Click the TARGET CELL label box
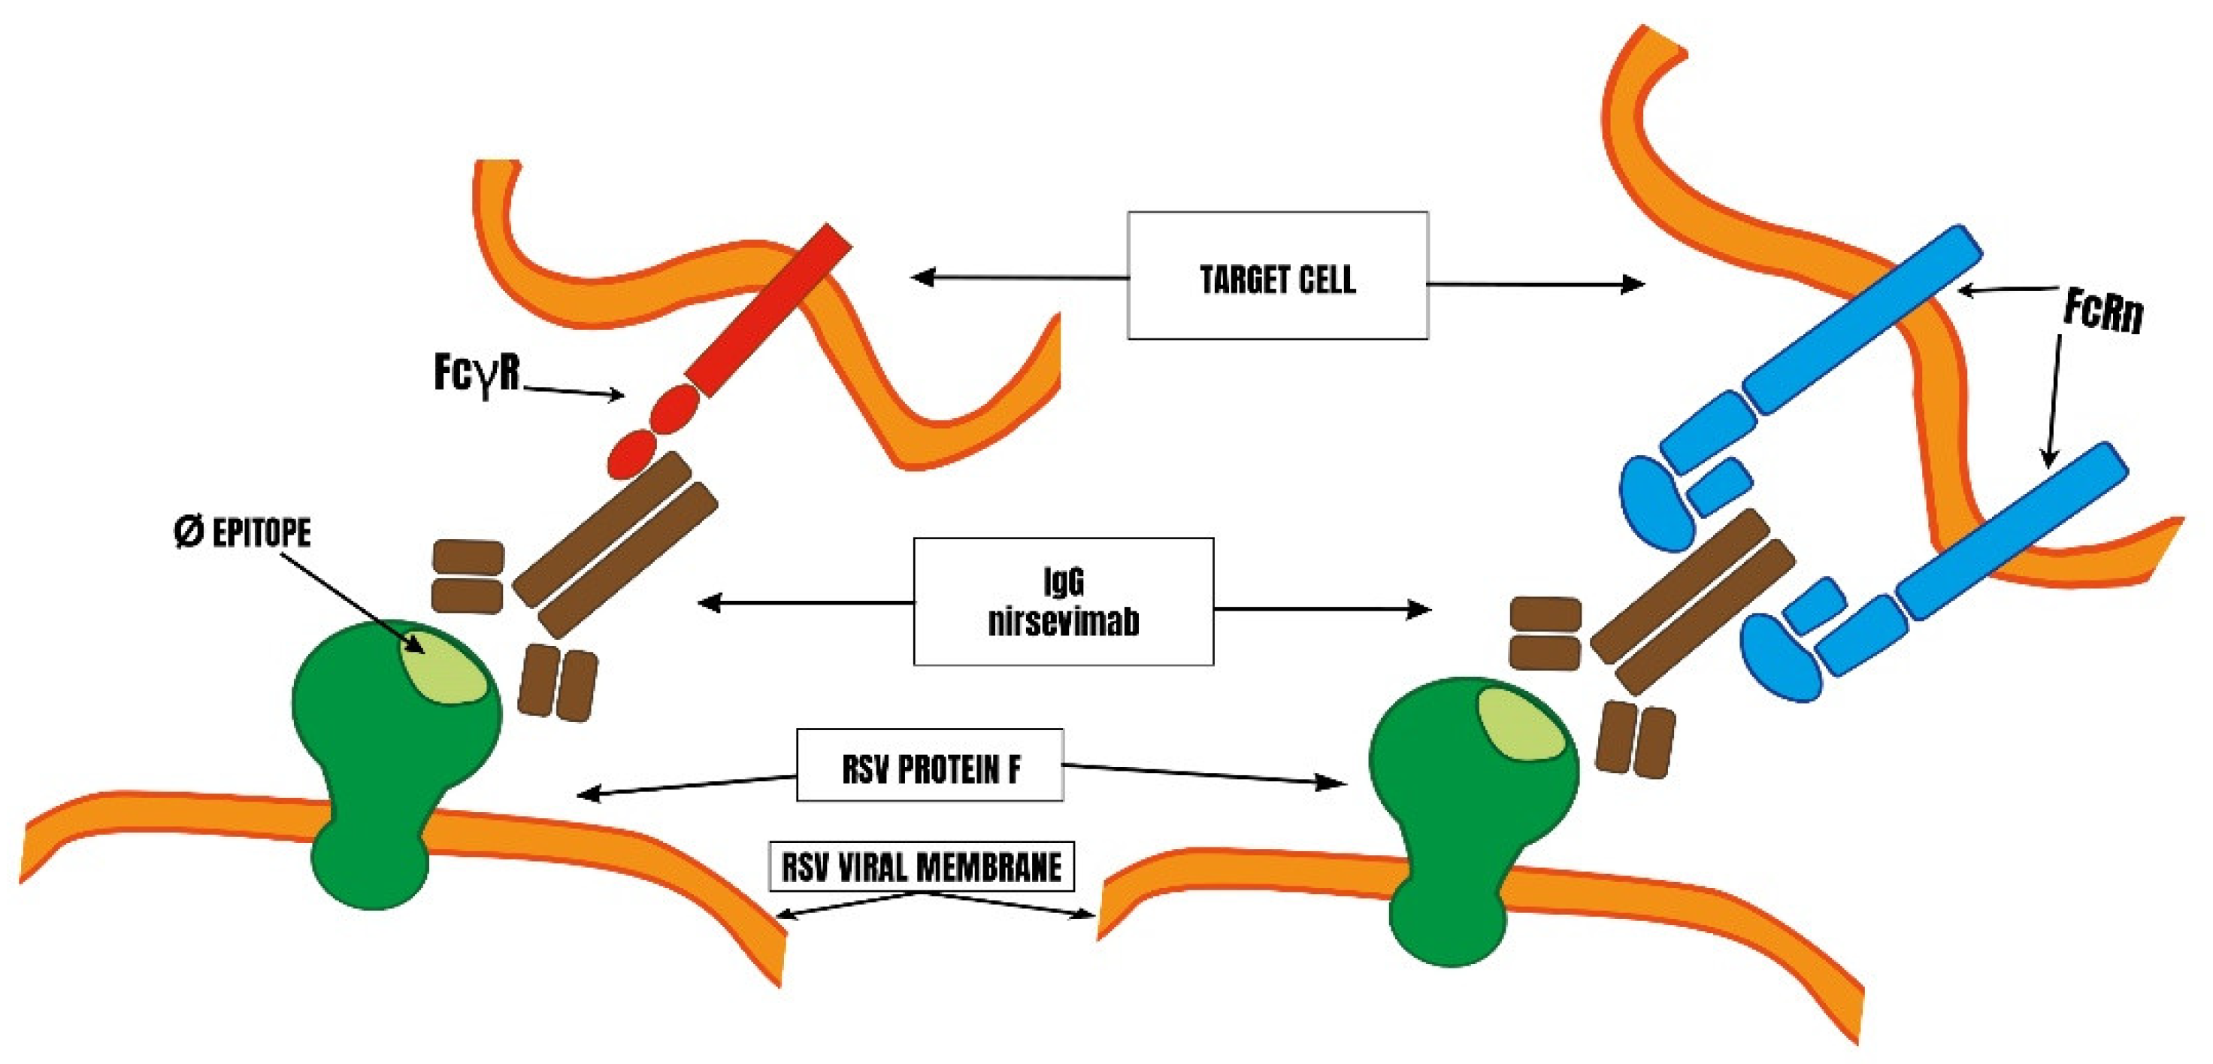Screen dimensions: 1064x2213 click(x=1277, y=276)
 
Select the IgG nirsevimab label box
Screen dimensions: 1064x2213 click(x=1063, y=602)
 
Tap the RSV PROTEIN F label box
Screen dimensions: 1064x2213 click(x=930, y=765)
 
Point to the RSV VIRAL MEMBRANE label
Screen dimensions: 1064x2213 click(x=921, y=865)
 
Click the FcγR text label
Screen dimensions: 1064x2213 click(x=477, y=374)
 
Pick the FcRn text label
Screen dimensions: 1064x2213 click(x=2103, y=311)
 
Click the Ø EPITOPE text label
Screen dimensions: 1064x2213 click(x=242, y=533)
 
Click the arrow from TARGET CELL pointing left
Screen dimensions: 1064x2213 click(x=1014, y=277)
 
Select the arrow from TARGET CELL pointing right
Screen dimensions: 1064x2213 click(x=1538, y=283)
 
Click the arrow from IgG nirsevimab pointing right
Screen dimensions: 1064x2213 click(x=1323, y=609)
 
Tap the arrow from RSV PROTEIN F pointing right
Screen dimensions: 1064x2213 click(x=1203, y=774)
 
